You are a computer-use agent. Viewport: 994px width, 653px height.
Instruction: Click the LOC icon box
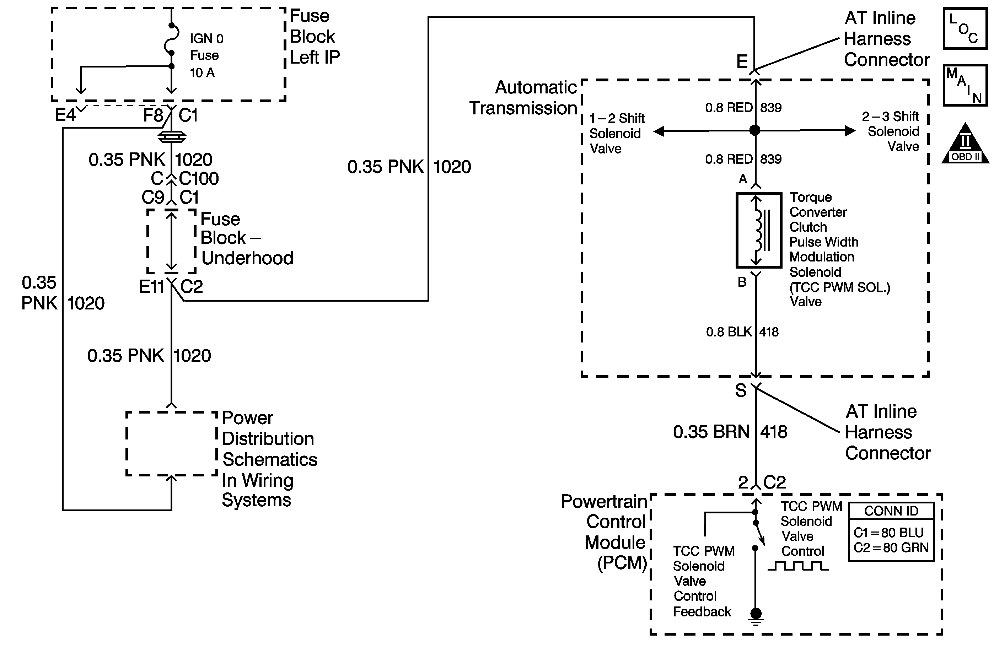point(965,29)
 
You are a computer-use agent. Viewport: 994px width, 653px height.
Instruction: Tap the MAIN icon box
point(965,85)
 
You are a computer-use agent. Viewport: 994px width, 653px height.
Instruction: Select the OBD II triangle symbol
point(965,144)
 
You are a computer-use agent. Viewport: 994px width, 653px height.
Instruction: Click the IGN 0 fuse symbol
point(172,39)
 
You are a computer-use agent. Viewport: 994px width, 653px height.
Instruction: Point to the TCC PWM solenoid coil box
point(758,230)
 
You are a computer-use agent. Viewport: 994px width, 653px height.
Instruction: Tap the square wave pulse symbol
point(798,566)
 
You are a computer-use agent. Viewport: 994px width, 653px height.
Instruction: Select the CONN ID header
point(891,511)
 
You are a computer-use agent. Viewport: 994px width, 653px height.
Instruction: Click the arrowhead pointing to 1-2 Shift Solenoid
point(659,131)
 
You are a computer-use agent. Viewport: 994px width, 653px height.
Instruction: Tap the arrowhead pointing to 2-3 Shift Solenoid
point(850,131)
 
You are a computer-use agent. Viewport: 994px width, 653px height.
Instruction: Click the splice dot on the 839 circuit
point(755,130)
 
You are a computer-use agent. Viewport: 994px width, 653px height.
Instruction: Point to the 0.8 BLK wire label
point(729,332)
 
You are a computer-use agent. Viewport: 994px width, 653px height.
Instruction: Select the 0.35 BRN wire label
point(711,432)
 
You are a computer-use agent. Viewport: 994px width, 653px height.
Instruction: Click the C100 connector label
point(199,179)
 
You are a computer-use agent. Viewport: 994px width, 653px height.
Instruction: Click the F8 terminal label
point(153,115)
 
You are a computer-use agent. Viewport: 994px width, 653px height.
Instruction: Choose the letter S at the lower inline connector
point(741,391)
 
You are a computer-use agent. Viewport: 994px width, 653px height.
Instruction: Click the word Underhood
point(247,258)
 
